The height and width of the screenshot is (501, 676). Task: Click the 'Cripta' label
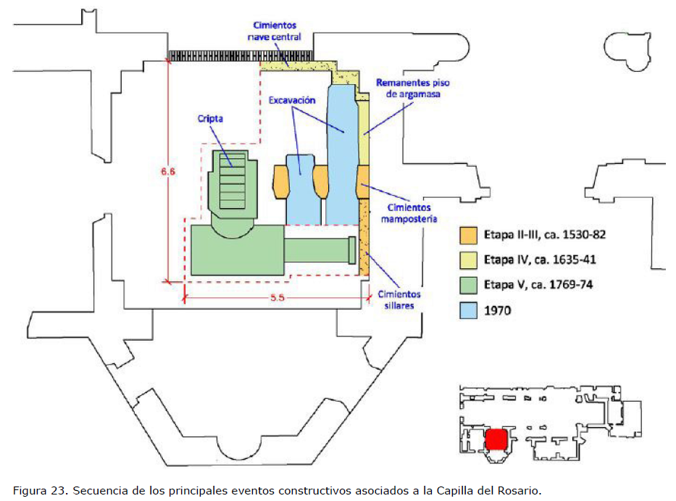210,119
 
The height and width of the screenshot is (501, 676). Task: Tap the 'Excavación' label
292,100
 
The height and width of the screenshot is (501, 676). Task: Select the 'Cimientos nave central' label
275,31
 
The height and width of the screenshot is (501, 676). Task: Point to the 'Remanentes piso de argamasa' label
412,88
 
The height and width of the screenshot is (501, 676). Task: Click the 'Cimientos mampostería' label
409,213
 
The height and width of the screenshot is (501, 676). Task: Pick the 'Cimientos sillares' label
399,299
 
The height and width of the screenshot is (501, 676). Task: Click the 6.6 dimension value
168,172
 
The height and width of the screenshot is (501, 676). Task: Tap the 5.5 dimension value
278,298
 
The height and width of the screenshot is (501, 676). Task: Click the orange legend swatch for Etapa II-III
468,235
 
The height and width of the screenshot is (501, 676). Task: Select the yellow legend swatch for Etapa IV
468,260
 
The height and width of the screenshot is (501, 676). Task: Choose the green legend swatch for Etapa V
468,285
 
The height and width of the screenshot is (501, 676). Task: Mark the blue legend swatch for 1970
468,310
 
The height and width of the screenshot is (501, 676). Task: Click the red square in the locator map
496,439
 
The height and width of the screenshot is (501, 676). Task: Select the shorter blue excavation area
301,190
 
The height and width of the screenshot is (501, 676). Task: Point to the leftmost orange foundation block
280,182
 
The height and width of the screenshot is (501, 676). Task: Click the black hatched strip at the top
241,56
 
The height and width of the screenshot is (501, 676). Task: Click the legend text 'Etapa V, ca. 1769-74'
538,285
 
